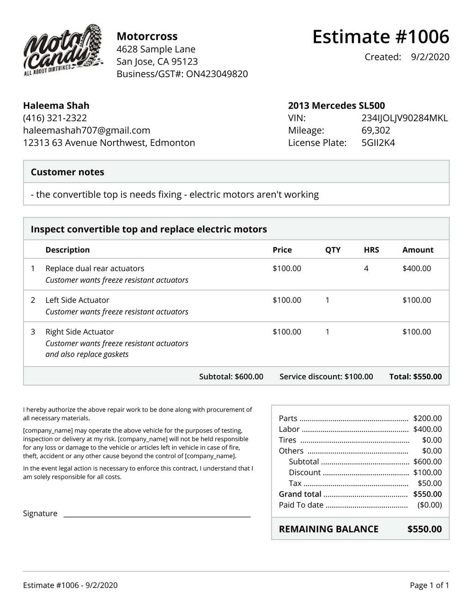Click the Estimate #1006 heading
click(x=380, y=36)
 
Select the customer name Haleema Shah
click(x=56, y=105)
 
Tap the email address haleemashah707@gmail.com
click(x=86, y=130)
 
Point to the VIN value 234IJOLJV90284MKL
click(x=404, y=118)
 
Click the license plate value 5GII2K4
click(x=378, y=143)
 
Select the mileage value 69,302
click(x=376, y=130)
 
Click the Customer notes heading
click(x=67, y=172)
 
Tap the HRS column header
click(x=371, y=250)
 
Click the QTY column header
click(x=333, y=250)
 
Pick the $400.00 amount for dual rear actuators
click(x=416, y=268)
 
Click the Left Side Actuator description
click(x=77, y=300)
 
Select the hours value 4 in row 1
click(x=366, y=268)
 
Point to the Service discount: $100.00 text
click(x=326, y=376)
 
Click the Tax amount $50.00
click(x=430, y=483)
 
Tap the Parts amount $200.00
click(x=427, y=418)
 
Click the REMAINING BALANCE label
click(x=328, y=529)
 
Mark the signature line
click(x=157, y=516)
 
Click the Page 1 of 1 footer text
click(x=429, y=585)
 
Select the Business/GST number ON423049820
click(x=217, y=74)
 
